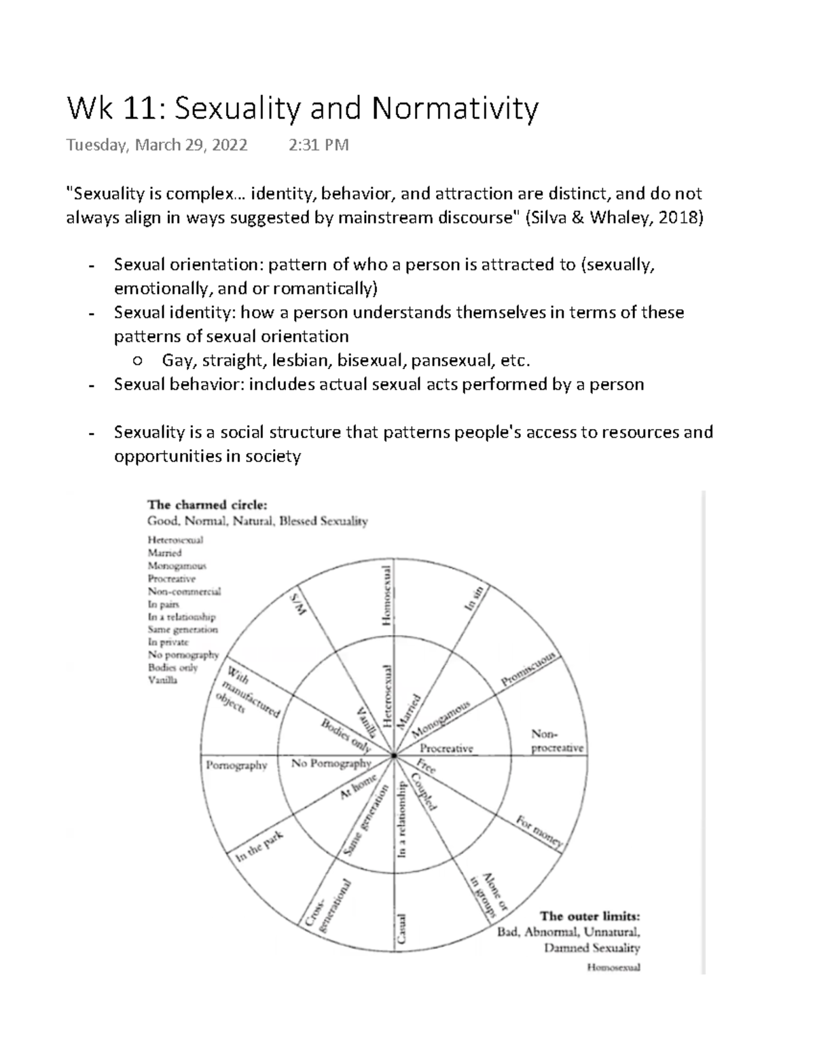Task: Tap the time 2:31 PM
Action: click(319, 145)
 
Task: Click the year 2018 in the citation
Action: click(675, 218)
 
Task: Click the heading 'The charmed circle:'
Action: click(208, 505)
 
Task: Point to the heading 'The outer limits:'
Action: click(590, 916)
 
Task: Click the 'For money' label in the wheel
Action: click(539, 833)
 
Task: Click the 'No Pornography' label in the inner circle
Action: click(331, 764)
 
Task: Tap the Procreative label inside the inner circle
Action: click(446, 748)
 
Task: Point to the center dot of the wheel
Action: click(394, 755)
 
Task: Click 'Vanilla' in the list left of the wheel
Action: click(162, 680)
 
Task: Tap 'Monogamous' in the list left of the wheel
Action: click(177, 566)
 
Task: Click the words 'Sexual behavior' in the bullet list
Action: click(179, 385)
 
